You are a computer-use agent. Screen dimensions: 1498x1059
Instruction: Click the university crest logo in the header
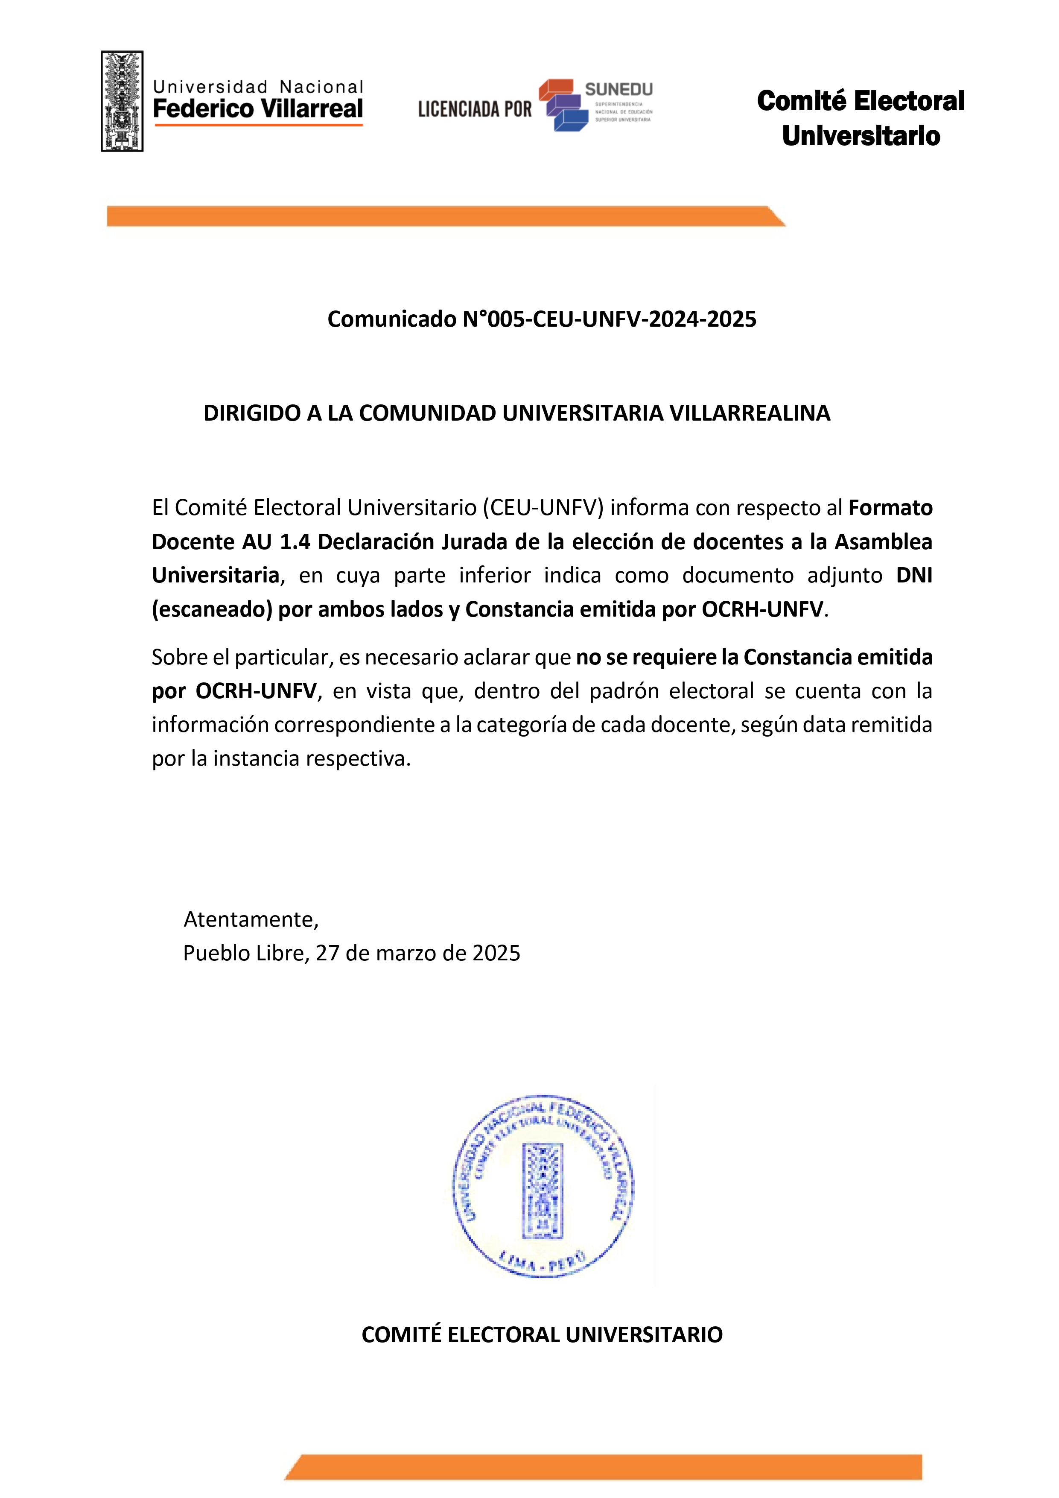coord(122,101)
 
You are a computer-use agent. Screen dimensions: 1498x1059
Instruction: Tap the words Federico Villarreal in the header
coord(257,109)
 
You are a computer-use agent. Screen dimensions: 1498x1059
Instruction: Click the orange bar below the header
coord(443,217)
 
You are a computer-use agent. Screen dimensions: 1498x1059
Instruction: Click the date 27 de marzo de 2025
coord(418,953)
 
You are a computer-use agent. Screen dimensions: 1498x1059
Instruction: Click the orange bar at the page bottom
coord(603,1467)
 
